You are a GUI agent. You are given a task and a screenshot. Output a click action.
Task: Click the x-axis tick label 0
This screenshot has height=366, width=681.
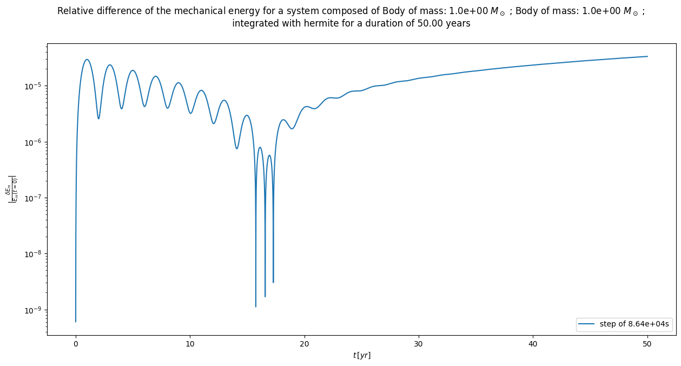(76, 344)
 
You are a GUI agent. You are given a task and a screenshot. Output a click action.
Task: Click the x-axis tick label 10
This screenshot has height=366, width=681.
(190, 344)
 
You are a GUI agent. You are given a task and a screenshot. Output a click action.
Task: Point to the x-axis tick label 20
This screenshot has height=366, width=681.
(305, 344)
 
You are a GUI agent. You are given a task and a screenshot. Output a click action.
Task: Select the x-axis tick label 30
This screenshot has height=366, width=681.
(419, 344)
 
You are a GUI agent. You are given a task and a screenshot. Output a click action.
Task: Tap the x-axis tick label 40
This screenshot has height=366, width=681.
(533, 344)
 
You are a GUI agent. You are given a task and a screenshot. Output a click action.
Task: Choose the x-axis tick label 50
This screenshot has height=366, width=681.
(647, 344)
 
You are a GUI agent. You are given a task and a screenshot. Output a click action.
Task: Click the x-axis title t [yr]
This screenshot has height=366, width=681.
(361, 355)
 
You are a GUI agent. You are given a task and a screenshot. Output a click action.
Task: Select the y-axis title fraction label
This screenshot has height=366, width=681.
(11, 189)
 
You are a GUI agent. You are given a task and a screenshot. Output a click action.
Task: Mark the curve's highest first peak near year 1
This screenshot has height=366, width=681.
(87, 60)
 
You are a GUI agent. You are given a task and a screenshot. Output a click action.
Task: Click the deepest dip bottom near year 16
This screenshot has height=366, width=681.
(256, 306)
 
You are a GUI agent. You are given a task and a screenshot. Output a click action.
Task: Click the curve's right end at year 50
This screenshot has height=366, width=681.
(647, 56)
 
